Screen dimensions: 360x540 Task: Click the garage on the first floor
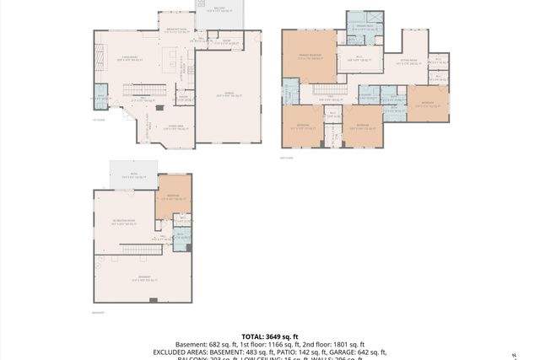coord(228,96)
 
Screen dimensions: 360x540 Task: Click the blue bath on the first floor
coord(100,98)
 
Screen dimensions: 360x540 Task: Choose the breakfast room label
coord(176,29)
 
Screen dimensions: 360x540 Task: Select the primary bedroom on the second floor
coord(308,57)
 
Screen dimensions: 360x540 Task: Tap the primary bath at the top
coord(364,26)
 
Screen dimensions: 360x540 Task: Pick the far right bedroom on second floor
coord(428,103)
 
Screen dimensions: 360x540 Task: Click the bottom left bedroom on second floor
coord(302,126)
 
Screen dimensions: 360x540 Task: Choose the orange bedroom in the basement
coord(173,196)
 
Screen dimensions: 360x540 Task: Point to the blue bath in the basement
coord(180,238)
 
